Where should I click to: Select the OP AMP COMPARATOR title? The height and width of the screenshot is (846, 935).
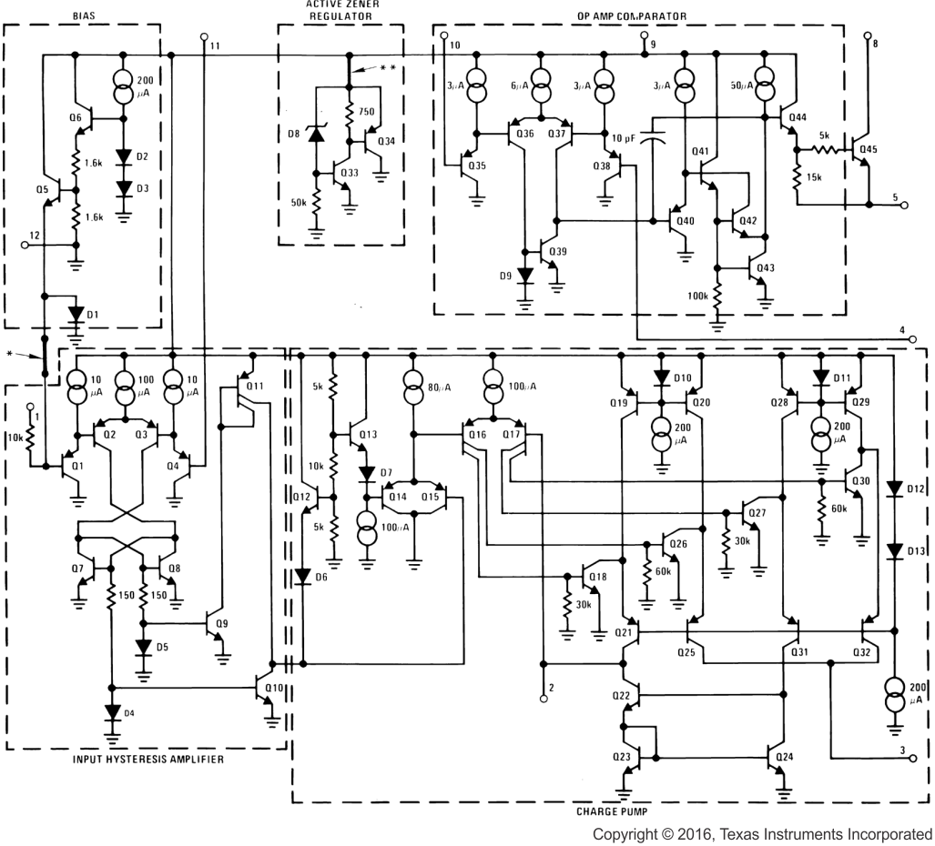632,15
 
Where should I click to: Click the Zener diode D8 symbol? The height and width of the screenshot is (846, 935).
315,135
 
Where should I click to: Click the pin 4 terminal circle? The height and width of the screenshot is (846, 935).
913,339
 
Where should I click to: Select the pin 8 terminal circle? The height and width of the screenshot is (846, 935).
867,38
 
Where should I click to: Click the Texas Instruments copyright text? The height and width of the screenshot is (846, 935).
762,834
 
